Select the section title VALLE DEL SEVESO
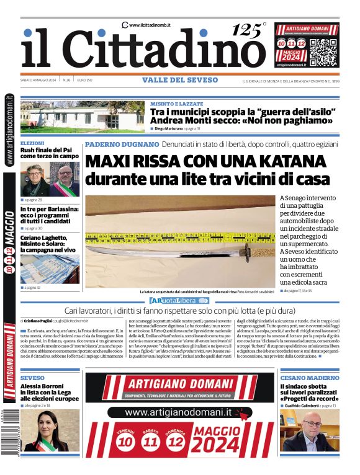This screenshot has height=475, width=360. point(179,80)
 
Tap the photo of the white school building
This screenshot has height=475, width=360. point(83,117)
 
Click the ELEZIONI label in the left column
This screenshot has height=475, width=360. point(32,143)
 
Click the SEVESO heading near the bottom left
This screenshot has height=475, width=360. point(32,377)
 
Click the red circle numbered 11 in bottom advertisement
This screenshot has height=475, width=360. point(150,442)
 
